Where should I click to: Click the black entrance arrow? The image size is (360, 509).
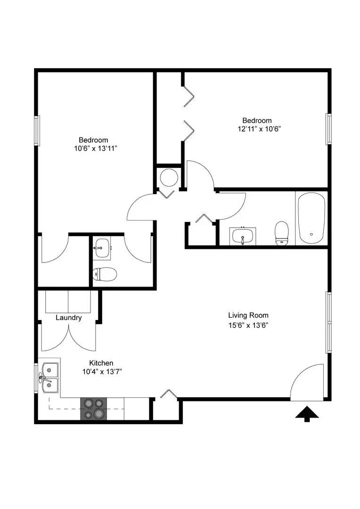click(307, 414)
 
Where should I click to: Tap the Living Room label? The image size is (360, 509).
click(248, 315)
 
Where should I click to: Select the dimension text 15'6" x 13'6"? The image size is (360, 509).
click(248, 325)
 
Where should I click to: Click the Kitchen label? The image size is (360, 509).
click(101, 363)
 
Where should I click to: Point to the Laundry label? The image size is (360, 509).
click(69, 318)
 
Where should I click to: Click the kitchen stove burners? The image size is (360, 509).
click(94, 409)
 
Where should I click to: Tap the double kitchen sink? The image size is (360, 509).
click(49, 378)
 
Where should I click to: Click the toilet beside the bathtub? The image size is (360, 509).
click(282, 233)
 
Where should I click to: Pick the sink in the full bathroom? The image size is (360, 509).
click(243, 236)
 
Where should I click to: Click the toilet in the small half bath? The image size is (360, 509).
click(104, 273)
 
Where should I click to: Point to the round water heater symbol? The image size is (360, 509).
click(168, 177)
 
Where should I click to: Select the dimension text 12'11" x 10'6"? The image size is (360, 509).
click(257, 128)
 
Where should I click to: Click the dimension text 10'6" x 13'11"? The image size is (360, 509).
click(93, 148)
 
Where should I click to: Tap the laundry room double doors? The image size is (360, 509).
click(69, 337)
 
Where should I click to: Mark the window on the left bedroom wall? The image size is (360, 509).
click(36, 131)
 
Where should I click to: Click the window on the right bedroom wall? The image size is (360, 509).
click(329, 129)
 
